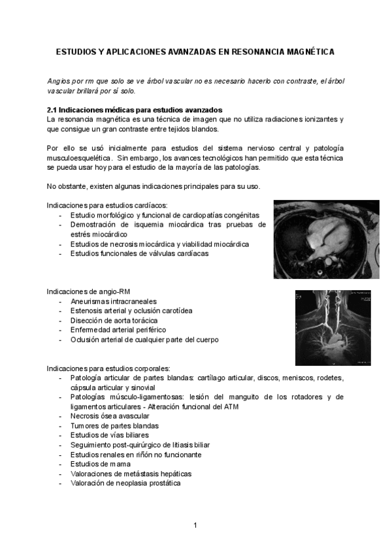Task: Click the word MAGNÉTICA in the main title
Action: pos(309,50)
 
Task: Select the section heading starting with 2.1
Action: pos(135,110)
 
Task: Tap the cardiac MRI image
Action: pos(326,239)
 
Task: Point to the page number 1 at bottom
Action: pos(195,525)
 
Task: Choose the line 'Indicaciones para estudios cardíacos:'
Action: pos(107,205)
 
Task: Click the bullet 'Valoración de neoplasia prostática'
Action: pos(125,483)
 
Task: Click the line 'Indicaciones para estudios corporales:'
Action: pos(109,368)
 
